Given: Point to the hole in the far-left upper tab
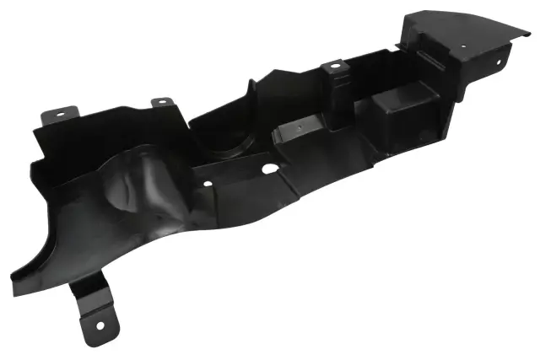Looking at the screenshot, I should (x=60, y=112).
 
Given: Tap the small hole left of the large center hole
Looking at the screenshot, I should (x=208, y=181).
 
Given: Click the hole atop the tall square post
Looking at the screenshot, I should (x=335, y=64).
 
